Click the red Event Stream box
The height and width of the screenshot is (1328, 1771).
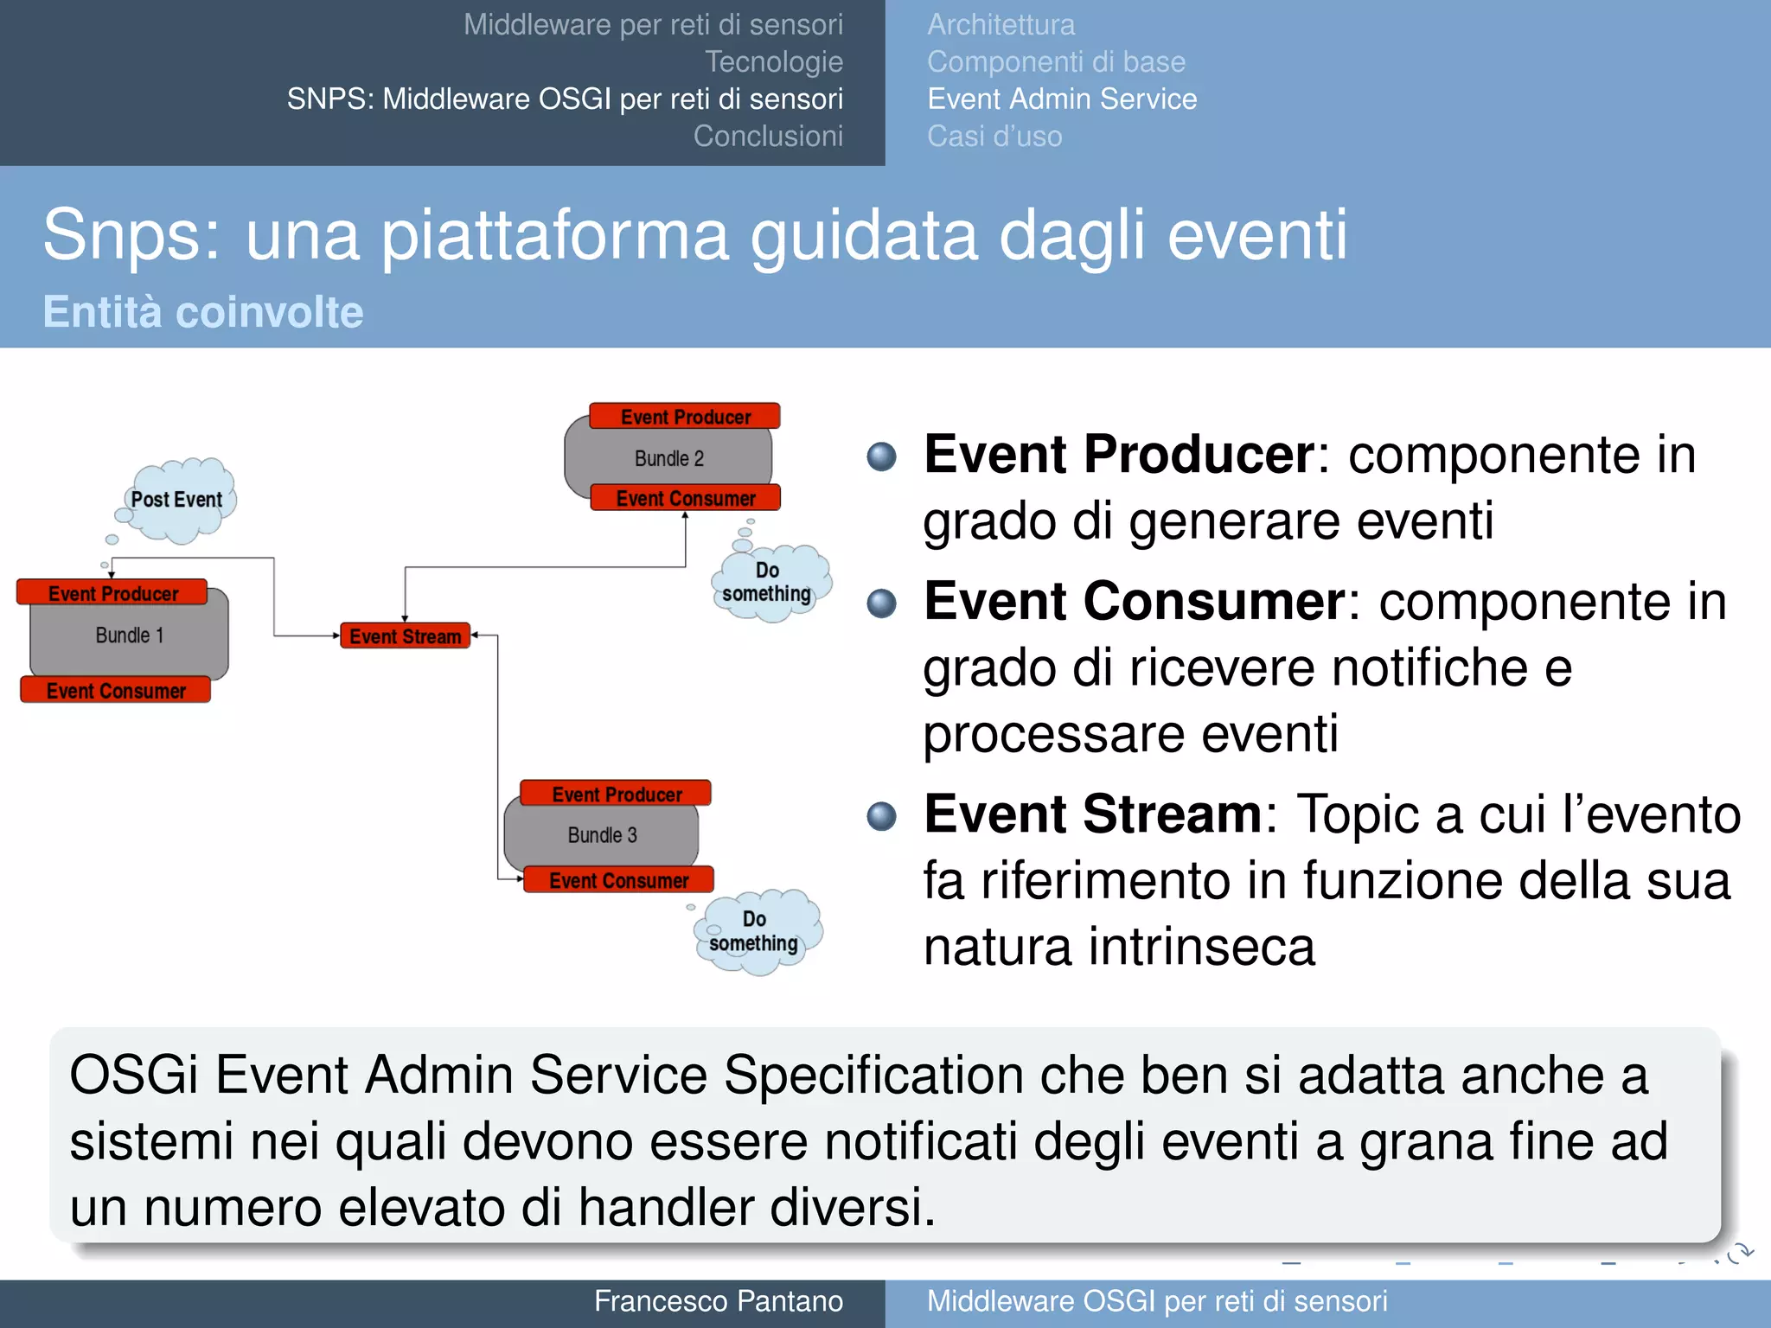(405, 636)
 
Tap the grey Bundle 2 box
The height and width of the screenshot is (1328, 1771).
(668, 458)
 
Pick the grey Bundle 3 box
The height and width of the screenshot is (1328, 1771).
(602, 835)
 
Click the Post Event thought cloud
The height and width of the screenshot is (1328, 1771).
(178, 501)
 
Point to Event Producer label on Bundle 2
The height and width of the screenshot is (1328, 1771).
(685, 417)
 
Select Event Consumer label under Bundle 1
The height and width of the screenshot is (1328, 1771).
(116, 691)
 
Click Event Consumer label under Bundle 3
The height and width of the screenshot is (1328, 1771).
(618, 880)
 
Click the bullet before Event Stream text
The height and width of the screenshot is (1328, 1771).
(881, 815)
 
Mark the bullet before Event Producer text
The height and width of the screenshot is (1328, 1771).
(881, 456)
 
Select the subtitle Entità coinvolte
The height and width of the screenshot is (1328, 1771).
(203, 312)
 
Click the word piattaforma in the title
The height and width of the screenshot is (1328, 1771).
(555, 235)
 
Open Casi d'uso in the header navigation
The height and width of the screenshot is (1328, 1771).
(994, 137)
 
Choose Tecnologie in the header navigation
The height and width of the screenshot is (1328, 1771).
(773, 62)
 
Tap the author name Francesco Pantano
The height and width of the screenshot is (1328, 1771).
(718, 1301)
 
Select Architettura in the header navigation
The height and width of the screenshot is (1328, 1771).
(1001, 25)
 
